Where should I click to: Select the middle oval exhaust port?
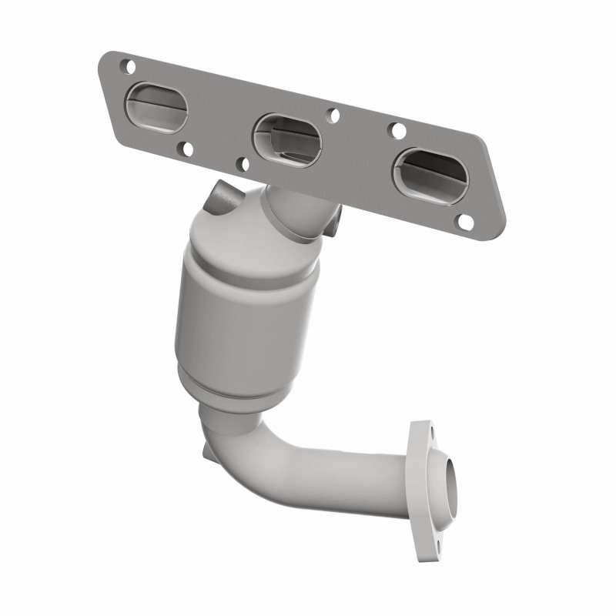point(286,139)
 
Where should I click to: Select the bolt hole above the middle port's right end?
point(333,115)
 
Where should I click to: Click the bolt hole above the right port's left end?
point(399,130)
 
